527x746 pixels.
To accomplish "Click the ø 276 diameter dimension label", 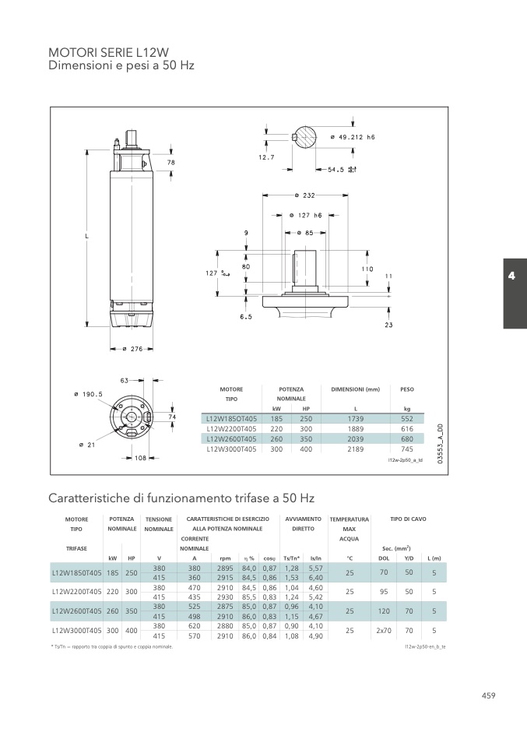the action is pos(132,349).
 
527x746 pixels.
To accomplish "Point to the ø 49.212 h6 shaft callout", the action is pos(353,137).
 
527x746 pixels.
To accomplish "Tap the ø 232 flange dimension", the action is pos(304,195).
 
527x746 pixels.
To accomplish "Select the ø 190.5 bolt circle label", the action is pos(89,394).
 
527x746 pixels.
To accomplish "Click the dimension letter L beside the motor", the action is pos(87,236).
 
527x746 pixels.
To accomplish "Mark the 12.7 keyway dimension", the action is pos(266,157).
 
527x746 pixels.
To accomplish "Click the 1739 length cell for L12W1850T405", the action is pos(355,419).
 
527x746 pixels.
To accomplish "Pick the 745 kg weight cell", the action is pos(407,449).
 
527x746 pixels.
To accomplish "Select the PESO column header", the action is pos(407,389).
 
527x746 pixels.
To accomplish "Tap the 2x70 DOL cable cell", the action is pos(384,631).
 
